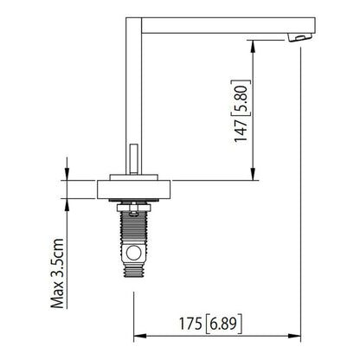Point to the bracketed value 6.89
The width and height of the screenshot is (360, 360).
click(224, 325)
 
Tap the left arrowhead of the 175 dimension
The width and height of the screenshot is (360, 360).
click(137, 337)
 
